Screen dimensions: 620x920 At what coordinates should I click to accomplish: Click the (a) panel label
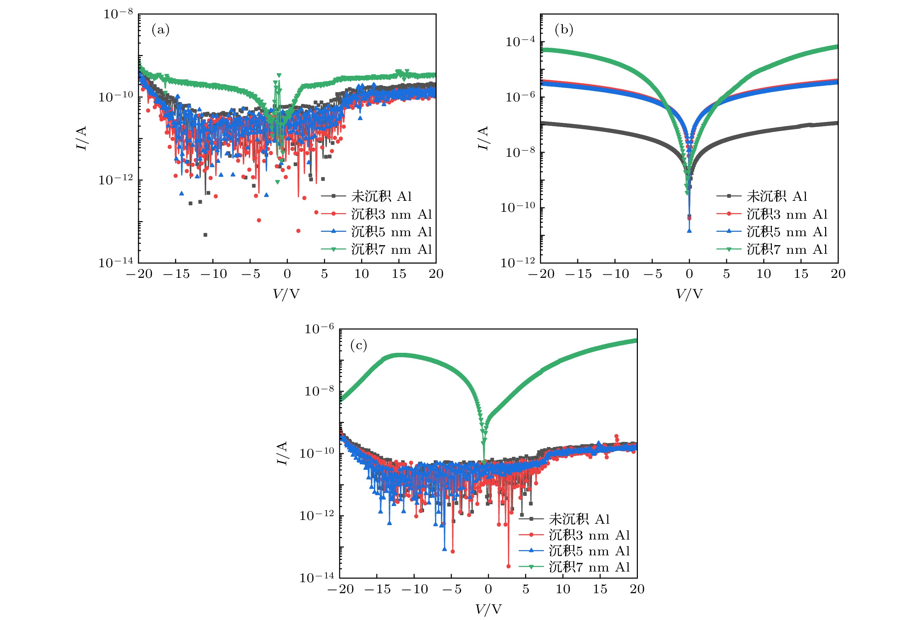click(160, 30)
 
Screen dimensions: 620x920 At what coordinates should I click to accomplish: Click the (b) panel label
click(564, 30)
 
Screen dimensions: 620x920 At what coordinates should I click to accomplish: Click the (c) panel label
click(358, 346)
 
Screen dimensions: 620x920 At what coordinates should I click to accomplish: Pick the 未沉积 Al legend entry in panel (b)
click(777, 196)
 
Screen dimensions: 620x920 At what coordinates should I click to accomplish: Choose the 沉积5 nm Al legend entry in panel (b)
click(787, 232)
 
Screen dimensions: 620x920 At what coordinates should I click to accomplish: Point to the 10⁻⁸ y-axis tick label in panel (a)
click(118, 14)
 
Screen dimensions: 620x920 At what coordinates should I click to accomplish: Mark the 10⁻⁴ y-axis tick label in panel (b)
click(520, 42)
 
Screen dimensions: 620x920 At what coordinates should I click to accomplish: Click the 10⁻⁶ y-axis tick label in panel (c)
click(319, 329)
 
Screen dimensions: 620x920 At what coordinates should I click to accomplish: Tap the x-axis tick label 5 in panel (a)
click(324, 274)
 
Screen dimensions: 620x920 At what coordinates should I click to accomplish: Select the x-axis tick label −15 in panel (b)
click(578, 274)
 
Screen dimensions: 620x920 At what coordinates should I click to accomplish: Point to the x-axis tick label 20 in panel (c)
click(637, 589)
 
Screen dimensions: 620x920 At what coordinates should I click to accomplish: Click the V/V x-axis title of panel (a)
click(287, 294)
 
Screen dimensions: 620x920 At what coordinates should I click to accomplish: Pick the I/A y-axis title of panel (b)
click(483, 138)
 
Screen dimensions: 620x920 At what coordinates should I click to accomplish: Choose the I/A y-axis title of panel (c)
click(281, 453)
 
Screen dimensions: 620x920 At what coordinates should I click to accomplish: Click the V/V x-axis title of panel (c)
click(488, 609)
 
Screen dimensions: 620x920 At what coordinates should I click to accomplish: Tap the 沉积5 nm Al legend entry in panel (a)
click(391, 232)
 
